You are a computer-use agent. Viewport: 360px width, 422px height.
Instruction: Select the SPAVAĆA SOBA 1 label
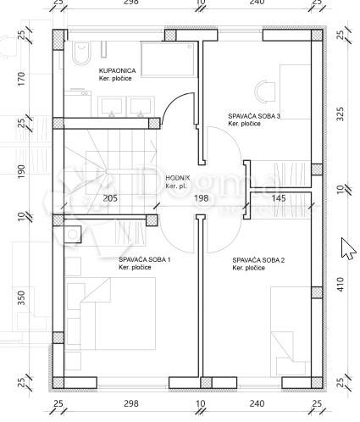144,259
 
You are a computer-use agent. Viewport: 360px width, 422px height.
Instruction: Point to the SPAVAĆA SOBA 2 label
258,260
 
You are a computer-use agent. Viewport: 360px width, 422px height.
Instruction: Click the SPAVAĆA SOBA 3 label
254,116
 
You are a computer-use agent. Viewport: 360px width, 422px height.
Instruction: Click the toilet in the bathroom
82,53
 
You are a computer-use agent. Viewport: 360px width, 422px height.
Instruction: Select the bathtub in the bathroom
169,59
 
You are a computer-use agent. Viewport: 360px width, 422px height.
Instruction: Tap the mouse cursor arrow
348,248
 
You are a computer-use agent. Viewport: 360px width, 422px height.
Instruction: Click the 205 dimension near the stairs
110,198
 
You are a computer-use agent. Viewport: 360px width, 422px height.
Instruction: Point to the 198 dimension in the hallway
202,198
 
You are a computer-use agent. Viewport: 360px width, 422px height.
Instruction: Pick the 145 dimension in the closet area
279,198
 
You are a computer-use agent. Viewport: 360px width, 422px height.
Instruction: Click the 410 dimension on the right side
341,285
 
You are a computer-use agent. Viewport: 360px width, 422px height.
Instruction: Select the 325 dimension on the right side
341,114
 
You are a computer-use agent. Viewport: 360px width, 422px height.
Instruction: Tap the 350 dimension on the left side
22,298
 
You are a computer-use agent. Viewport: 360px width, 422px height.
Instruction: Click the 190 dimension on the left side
22,171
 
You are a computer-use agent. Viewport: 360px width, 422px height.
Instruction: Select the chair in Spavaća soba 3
265,92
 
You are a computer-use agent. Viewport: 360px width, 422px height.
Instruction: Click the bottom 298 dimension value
131,403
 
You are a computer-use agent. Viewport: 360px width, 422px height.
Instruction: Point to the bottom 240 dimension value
257,403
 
